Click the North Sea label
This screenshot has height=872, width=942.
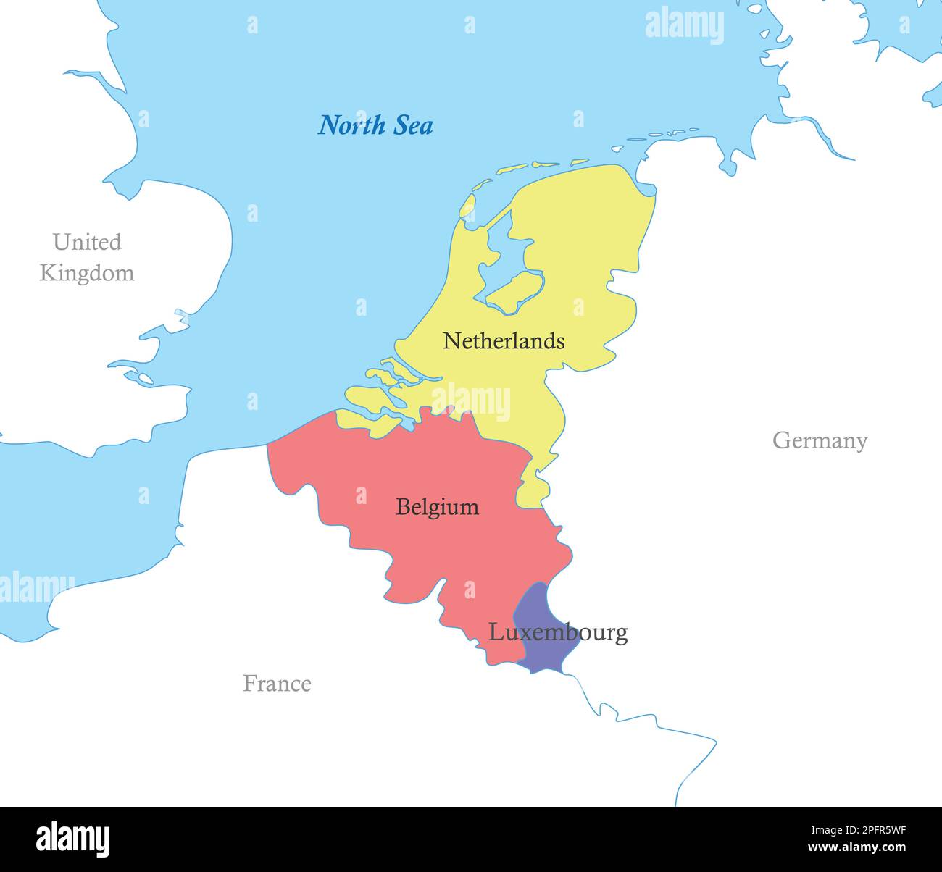coord(375,125)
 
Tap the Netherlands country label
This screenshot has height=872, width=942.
coord(504,340)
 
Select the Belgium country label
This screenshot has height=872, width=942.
coord(437,507)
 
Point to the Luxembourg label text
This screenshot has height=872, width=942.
coord(557,632)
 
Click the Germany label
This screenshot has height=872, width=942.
coord(820,440)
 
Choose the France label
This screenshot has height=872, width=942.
coord(277,683)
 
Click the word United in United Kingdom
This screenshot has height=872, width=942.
coord(87,242)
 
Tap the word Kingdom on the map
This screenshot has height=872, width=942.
coord(87,273)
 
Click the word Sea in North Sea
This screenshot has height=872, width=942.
coord(413,125)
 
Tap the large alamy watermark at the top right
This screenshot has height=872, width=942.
coord(684,25)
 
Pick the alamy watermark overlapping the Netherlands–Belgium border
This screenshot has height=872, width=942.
coord(471,403)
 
